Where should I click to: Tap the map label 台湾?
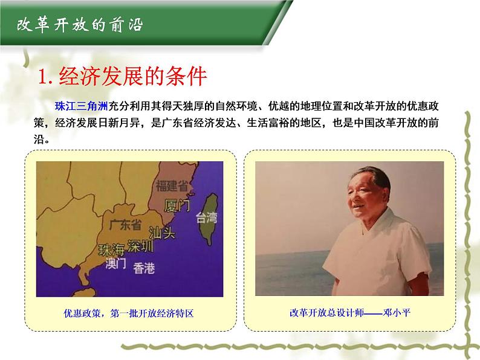pyautogui.click(x=206, y=217)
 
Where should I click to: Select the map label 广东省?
pyautogui.click(x=126, y=225)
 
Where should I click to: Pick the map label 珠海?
pyautogui.click(x=112, y=249)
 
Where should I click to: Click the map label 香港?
pyautogui.click(x=144, y=267)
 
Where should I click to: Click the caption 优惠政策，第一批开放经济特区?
pyautogui.click(x=128, y=313)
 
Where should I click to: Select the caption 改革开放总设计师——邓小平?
pyautogui.click(x=354, y=313)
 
